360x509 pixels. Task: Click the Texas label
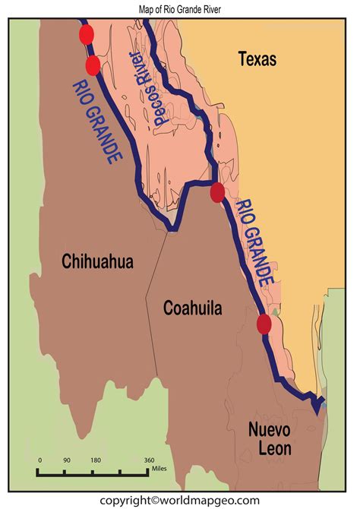257,58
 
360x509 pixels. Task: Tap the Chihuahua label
97,262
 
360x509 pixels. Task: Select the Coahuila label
193,308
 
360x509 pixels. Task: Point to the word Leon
271,448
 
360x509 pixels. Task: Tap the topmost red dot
86,34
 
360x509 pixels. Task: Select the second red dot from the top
93,65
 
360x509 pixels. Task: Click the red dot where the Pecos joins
217,192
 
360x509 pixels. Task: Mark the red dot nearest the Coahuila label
264,324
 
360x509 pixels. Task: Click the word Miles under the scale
159,469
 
